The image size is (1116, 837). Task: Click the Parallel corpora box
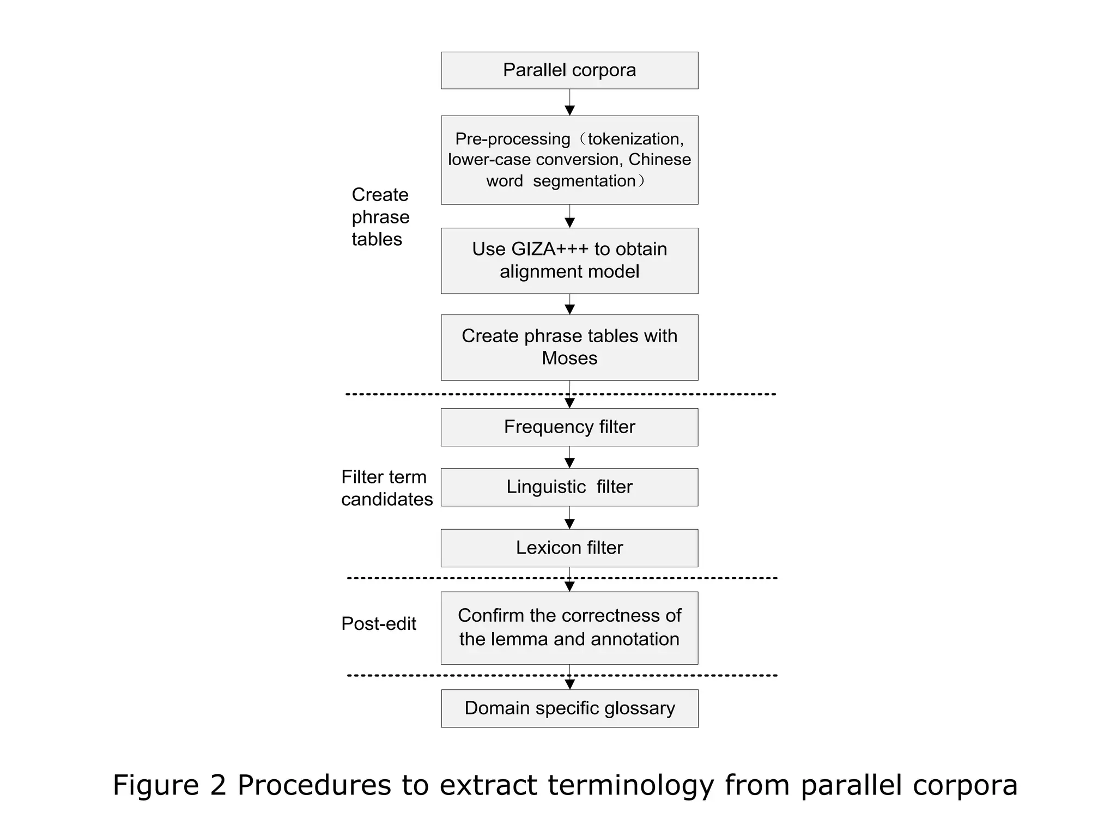(x=569, y=70)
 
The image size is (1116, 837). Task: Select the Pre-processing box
(x=569, y=160)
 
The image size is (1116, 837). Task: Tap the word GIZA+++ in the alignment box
(x=550, y=249)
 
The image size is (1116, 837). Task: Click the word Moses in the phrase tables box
(x=569, y=359)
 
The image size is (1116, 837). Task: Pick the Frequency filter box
(x=569, y=427)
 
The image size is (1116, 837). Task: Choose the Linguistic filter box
(x=569, y=487)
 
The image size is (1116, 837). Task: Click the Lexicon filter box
(x=569, y=548)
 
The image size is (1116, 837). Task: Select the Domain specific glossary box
(x=569, y=708)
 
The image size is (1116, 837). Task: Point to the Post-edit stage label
(x=379, y=623)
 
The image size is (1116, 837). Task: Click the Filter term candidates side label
(x=386, y=488)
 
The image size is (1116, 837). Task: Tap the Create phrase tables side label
(x=380, y=217)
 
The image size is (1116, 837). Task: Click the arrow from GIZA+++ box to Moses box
(x=569, y=305)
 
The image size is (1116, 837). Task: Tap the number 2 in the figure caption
(x=217, y=786)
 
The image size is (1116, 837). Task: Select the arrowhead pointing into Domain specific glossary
(x=569, y=684)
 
